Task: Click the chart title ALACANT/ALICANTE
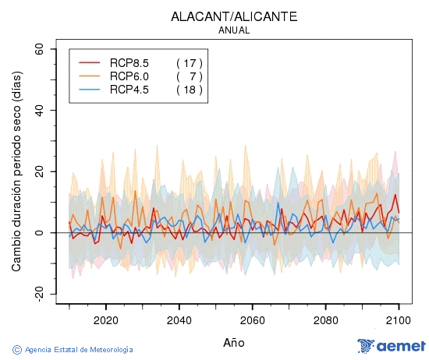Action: point(234,16)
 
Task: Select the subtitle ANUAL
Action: point(234,30)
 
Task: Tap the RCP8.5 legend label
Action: point(129,62)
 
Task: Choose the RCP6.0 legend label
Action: point(129,76)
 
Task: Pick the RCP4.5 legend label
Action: point(129,90)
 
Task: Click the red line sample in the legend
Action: point(90,62)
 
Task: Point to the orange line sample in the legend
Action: point(90,76)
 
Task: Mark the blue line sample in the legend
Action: point(90,90)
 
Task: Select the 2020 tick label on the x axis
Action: point(105,319)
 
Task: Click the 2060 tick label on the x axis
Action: point(252,319)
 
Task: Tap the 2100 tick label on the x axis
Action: point(399,319)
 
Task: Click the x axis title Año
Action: point(234,342)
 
